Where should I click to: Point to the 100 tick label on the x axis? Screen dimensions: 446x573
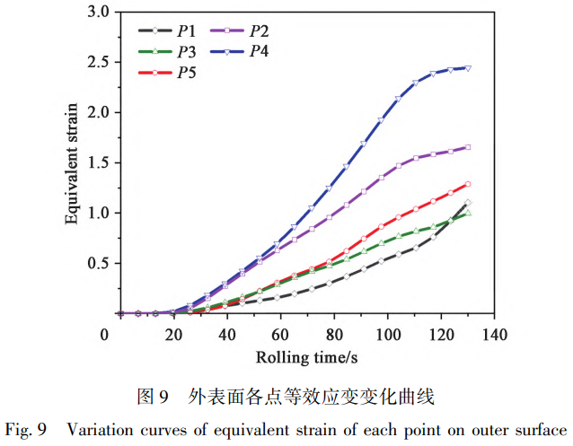pyautogui.click(x=387, y=334)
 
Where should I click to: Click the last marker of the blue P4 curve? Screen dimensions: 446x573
pyautogui.click(x=468, y=68)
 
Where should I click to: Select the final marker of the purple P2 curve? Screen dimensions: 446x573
pyautogui.click(x=468, y=147)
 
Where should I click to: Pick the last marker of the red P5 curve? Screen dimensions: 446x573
pyautogui.click(x=468, y=184)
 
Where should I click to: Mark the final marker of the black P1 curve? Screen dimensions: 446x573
pyautogui.click(x=468, y=203)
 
